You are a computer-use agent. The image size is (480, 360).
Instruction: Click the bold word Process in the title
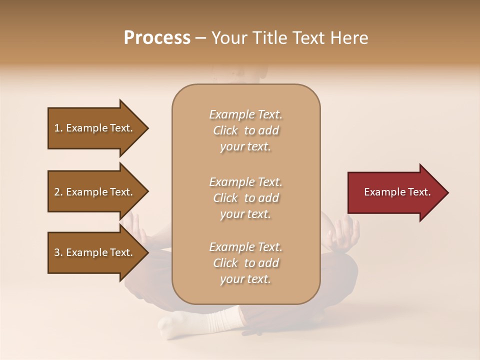tap(157, 38)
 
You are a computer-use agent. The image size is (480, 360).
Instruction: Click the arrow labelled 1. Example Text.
tap(95, 128)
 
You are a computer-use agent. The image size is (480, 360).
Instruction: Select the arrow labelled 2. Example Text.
tap(95, 192)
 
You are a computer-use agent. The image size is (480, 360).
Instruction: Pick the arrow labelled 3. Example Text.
tap(95, 252)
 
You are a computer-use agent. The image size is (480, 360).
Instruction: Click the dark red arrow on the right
tap(395, 192)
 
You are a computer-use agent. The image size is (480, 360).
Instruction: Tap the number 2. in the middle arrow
tap(58, 192)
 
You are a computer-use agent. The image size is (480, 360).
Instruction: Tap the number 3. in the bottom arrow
tap(58, 252)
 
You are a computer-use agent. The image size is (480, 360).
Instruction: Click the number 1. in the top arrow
tap(58, 128)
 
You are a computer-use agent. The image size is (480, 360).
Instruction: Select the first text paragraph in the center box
tap(245, 130)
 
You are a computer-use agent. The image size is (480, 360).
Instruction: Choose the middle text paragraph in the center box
tap(245, 198)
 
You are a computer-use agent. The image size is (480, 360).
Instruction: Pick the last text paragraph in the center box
tap(245, 263)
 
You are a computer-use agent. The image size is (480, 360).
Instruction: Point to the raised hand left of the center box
tap(135, 227)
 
